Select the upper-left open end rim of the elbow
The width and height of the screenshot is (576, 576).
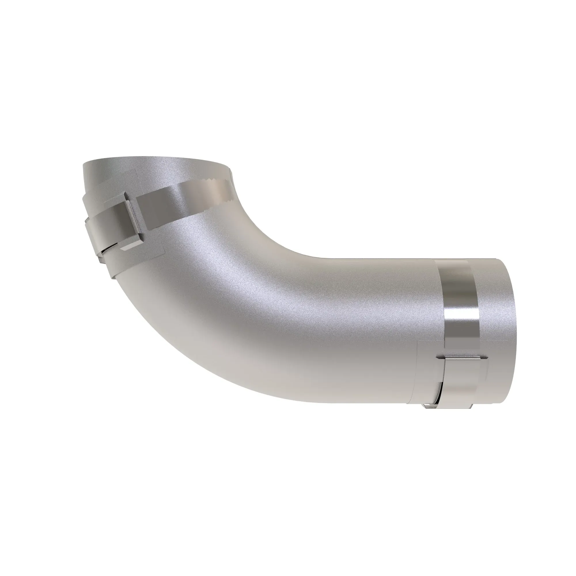point(155,161)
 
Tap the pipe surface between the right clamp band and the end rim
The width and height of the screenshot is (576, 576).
point(492,313)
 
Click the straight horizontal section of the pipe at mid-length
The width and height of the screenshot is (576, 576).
point(358,328)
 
